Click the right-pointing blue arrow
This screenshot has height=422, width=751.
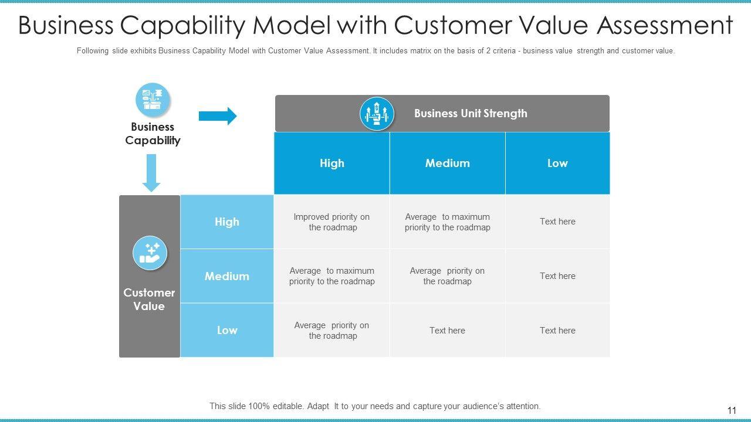(x=218, y=116)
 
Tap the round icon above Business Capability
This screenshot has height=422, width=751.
(x=153, y=100)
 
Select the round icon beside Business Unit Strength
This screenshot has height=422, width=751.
(x=377, y=114)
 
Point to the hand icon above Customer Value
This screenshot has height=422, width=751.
(x=150, y=253)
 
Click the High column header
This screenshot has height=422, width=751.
(x=332, y=163)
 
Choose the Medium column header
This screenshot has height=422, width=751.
(x=447, y=163)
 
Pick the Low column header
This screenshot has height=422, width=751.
(x=557, y=163)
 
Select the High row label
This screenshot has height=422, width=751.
(x=227, y=222)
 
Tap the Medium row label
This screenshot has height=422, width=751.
(x=227, y=276)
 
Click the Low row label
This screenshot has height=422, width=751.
(x=227, y=330)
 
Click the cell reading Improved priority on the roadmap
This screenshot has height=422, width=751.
(x=332, y=222)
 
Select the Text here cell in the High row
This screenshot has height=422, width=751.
(x=557, y=222)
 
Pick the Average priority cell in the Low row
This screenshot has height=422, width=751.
(x=332, y=331)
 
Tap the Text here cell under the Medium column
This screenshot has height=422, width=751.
(x=447, y=331)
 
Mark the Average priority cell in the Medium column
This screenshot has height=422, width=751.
(x=447, y=276)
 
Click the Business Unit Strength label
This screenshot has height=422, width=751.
(x=471, y=114)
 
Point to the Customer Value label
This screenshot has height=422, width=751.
(x=149, y=299)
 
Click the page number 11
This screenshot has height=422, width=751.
(x=731, y=411)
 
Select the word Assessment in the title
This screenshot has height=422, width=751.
(x=665, y=26)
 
